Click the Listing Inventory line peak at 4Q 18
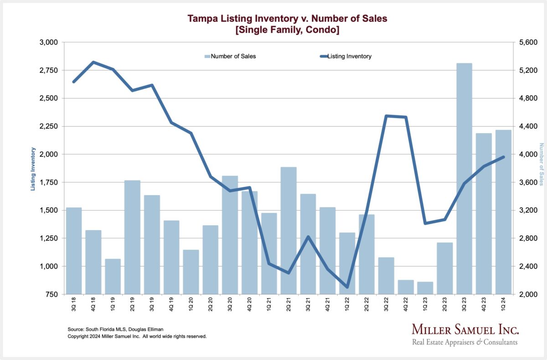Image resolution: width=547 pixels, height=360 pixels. click(x=93, y=62)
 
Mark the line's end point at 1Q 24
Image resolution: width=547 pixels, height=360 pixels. click(x=503, y=157)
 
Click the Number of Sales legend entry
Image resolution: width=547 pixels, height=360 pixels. click(x=230, y=57)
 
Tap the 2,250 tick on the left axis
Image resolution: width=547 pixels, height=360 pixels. click(x=49, y=126)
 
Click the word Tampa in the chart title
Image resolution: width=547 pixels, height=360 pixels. click(x=201, y=19)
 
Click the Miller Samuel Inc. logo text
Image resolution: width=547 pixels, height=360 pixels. click(x=465, y=329)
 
